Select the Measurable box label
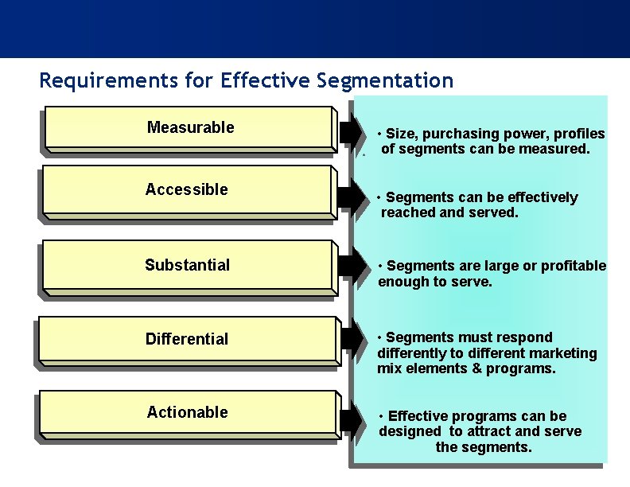point(190,127)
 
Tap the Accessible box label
point(186,189)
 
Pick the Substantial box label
point(187,265)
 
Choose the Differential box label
point(186,339)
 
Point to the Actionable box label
point(187,412)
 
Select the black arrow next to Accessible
point(348,197)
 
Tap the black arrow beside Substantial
point(348,266)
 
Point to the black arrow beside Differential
point(348,338)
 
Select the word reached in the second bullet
point(406,212)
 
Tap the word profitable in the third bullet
point(573,266)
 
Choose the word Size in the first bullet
point(401,134)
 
